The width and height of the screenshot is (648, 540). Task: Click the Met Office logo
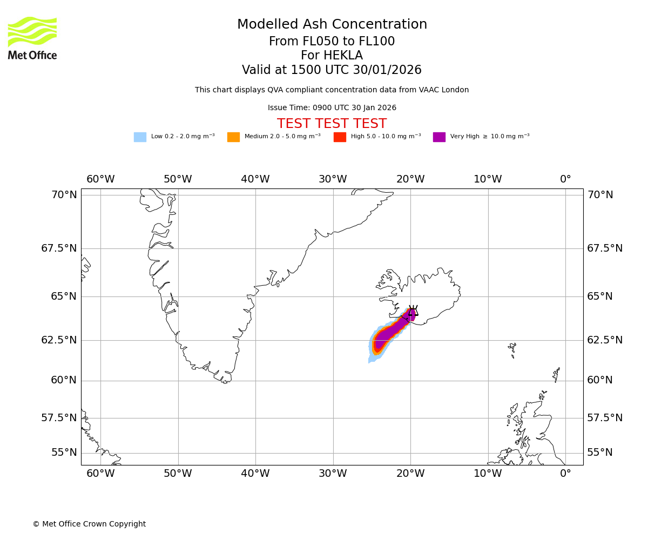32,38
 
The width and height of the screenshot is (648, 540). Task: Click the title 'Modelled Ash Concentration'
332,25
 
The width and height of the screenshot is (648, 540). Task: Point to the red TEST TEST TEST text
332,124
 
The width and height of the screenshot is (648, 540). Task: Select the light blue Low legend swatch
140,137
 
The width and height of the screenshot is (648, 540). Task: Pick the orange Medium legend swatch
233,137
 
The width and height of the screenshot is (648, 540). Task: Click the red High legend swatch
340,137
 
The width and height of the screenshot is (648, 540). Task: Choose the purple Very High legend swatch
439,137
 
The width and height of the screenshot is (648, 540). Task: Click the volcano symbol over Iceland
413,311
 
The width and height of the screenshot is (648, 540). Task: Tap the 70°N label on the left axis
64,195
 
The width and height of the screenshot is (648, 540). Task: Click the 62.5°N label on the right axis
605,340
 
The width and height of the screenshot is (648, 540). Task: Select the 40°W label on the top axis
255,179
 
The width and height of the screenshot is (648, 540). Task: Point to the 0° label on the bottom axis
565,474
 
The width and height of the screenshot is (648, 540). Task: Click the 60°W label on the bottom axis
100,474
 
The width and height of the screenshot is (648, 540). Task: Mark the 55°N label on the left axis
64,453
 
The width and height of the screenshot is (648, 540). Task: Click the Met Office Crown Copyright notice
89,524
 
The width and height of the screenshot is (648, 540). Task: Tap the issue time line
332,108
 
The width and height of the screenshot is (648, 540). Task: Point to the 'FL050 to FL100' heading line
332,42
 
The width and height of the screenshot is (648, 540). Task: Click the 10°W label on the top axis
488,179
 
